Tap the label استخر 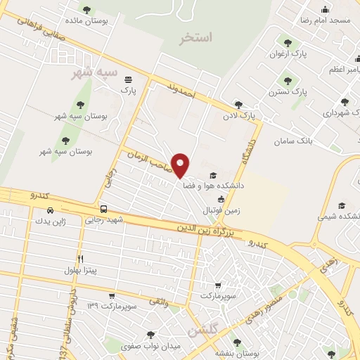point(195,38)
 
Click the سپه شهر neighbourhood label point(93,73)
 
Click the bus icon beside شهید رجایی point(103,209)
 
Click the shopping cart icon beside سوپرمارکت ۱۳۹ point(111,295)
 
